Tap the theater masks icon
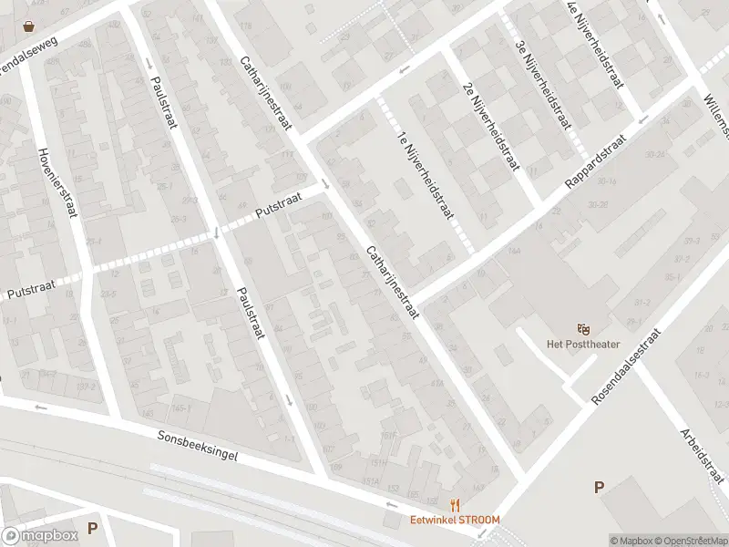tap(583, 328)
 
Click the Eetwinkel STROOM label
tap(454, 521)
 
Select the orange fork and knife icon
tap(454, 505)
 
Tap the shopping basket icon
tap(30, 26)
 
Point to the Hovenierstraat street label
tap(56, 182)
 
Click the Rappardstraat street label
tap(596, 164)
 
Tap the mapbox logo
tap(40, 536)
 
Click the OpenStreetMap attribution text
tap(690, 541)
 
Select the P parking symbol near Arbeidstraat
tap(599, 488)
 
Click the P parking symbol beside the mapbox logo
tap(91, 527)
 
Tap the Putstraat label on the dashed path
tap(278, 210)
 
